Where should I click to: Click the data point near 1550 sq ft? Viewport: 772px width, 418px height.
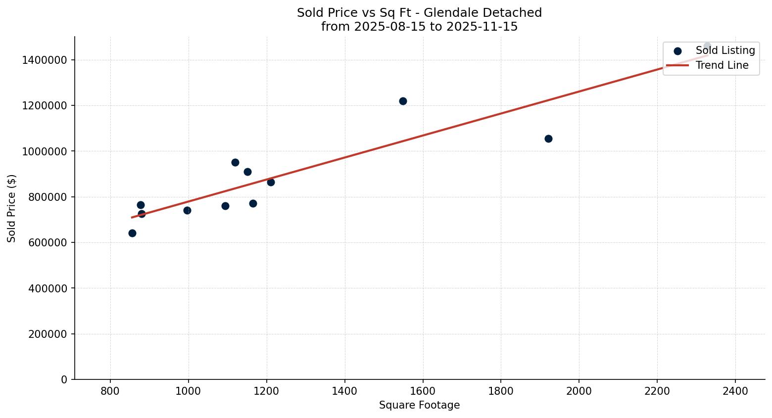point(403,101)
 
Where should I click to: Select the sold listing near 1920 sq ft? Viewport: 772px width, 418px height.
point(548,139)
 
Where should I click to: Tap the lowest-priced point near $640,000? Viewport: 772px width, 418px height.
point(132,233)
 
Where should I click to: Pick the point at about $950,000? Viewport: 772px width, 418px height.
point(235,162)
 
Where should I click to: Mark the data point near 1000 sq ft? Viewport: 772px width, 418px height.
point(187,210)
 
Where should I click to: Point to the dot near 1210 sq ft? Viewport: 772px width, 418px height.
point(271,182)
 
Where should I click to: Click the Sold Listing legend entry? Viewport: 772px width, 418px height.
point(725,50)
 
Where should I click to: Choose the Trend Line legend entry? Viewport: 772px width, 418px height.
point(722,65)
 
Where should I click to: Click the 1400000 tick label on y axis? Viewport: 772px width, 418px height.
point(45,60)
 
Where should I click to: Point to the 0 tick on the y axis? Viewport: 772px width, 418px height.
point(64,379)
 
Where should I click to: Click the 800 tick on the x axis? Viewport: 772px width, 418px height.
point(110,391)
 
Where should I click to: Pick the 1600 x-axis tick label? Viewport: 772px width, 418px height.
point(423,391)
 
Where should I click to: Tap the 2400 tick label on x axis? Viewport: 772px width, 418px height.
point(735,391)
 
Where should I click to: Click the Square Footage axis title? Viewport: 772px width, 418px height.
point(419,406)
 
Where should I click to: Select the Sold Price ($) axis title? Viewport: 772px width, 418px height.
point(12,208)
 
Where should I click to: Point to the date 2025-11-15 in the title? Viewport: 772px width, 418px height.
point(482,27)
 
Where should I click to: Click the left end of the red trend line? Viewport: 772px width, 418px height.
point(132,217)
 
